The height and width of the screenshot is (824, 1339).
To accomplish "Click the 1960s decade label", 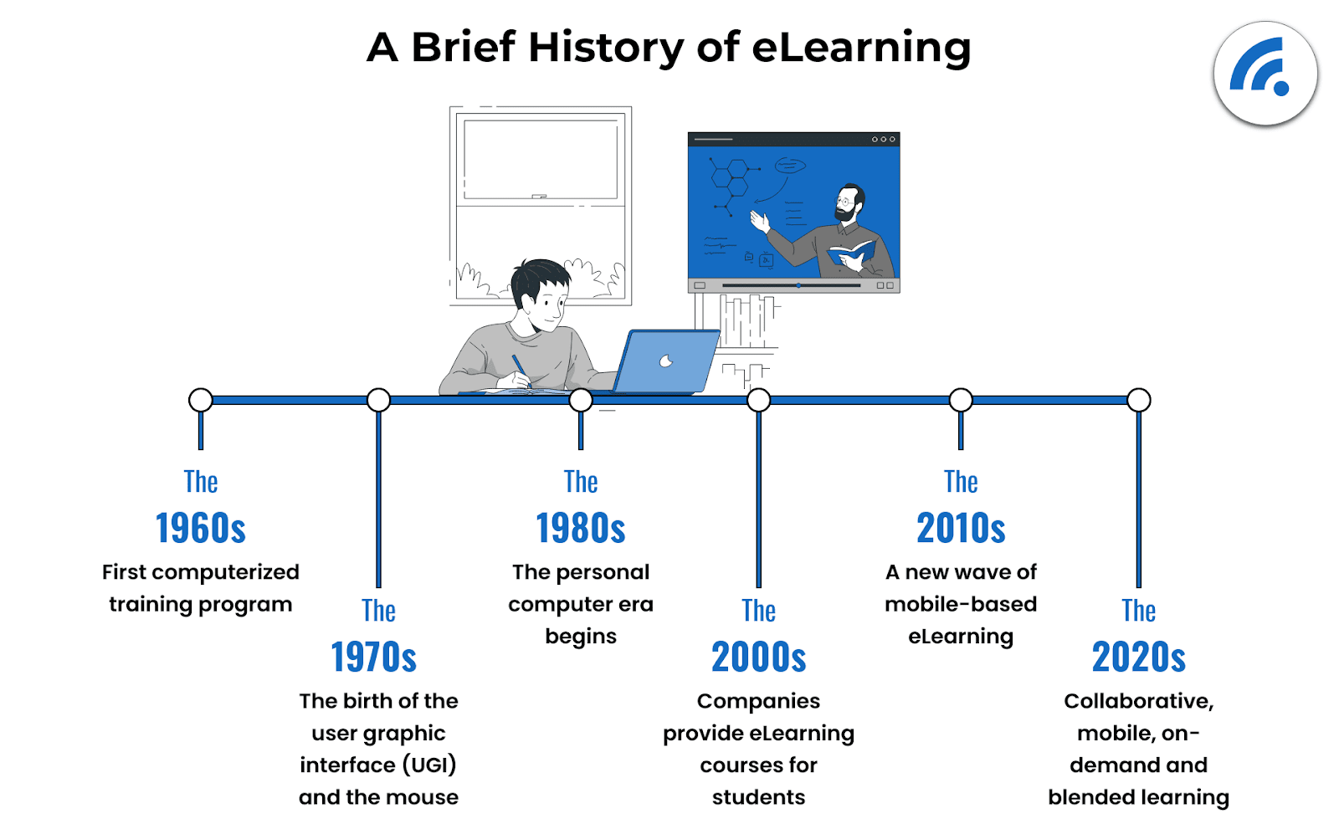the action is coord(201,528).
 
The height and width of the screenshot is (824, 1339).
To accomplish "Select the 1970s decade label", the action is coord(373,658).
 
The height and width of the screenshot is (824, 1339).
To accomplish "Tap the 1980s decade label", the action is coord(581,528).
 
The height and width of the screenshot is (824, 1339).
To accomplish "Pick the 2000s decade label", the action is coord(758,658).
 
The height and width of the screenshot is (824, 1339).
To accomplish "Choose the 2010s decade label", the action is coord(961,528).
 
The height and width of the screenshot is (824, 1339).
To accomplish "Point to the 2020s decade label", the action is coord(1139,658).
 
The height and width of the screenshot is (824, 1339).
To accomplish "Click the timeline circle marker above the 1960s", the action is coord(201,401).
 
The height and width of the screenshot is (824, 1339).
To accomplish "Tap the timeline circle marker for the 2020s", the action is coord(1139,401).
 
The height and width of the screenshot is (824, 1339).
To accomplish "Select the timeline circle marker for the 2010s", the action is coord(961,401).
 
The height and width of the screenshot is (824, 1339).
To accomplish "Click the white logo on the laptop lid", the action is coord(666,361).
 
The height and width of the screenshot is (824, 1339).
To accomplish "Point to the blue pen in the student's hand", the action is coord(520,369).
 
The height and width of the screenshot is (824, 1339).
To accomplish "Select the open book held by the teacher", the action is coord(850,251).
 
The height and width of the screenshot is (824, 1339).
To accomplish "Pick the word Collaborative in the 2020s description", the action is coord(1139,701).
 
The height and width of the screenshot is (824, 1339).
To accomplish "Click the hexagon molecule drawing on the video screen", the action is coord(730,177).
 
